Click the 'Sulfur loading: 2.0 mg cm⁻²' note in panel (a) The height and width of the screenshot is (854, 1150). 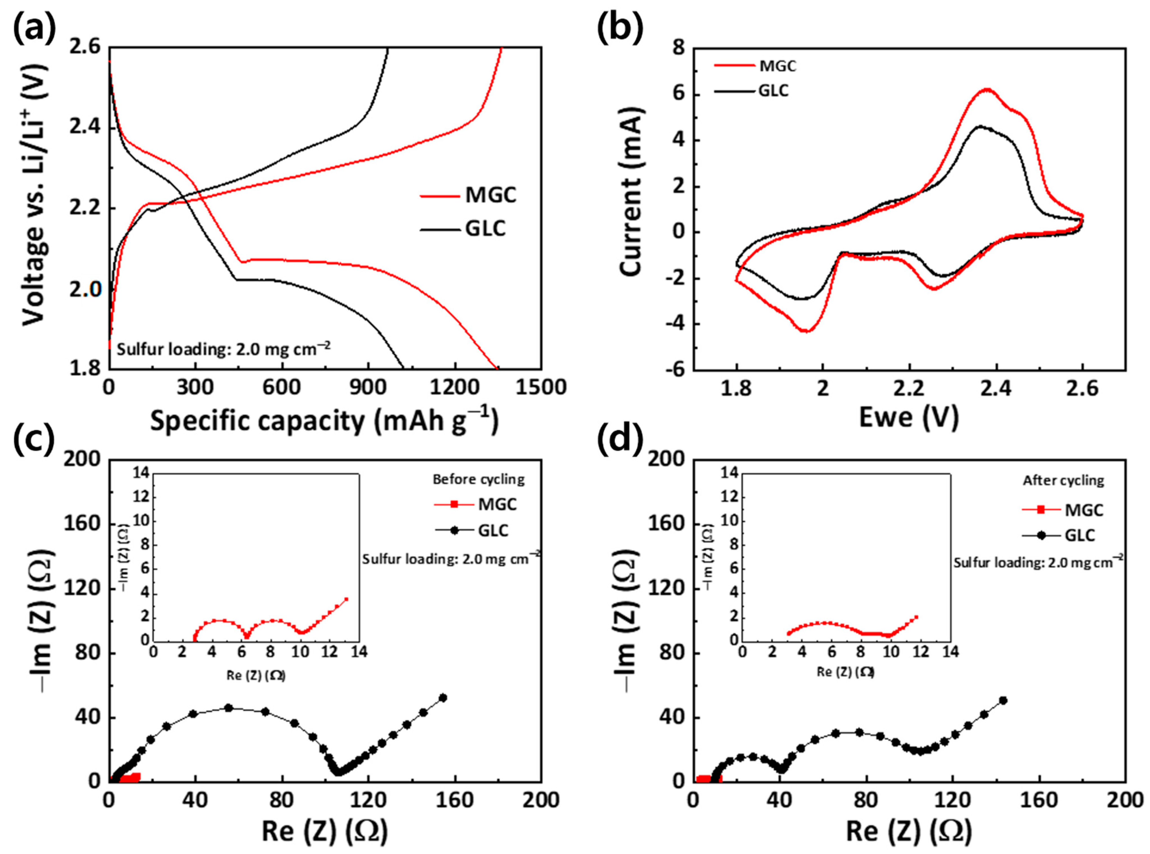[x=223, y=349]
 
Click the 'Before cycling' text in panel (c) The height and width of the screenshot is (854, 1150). [x=478, y=479]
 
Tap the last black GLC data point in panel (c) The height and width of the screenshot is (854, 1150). [x=442, y=697]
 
